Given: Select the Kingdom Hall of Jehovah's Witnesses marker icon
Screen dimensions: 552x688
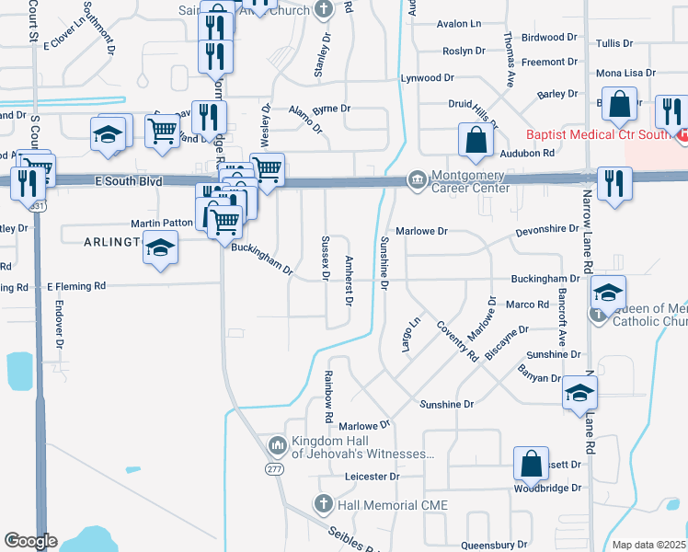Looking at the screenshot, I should click(x=278, y=447).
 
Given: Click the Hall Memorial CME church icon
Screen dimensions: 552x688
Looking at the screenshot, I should click(x=322, y=503).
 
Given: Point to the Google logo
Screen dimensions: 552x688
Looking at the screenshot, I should click(x=31, y=541).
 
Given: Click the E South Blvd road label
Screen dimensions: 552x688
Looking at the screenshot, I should click(x=129, y=182).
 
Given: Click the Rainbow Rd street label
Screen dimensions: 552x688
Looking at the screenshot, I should click(x=327, y=390).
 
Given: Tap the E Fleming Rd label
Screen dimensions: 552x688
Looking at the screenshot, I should click(x=76, y=287).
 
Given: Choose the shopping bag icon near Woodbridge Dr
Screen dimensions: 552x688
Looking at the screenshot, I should click(x=532, y=465).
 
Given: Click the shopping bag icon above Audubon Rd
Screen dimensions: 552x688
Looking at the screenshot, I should click(x=476, y=141).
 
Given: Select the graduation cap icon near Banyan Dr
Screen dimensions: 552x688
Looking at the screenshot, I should click(x=579, y=392).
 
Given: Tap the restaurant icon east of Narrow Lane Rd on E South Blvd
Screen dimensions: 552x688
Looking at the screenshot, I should click(x=612, y=183).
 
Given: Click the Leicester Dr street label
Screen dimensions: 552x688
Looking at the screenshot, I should click(x=372, y=477).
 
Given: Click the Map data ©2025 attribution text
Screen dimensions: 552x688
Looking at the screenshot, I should click(x=649, y=545).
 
